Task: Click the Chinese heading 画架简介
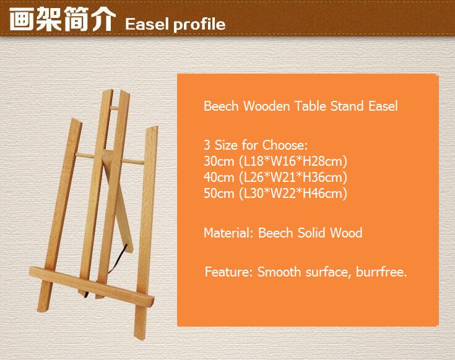(63, 19)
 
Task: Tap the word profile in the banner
(199, 24)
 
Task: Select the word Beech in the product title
(221, 106)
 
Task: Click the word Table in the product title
(310, 106)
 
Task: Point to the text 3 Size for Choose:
(255, 145)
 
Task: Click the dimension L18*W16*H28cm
(293, 161)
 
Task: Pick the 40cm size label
(219, 177)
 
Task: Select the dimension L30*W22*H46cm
(293, 194)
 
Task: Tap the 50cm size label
(219, 194)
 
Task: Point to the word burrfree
(381, 272)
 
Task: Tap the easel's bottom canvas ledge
(92, 286)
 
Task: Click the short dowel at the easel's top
(115, 108)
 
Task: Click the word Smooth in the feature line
(279, 272)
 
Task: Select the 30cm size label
(219, 161)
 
